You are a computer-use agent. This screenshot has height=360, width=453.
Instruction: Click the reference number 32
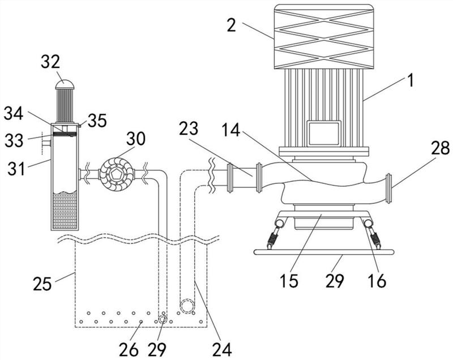coord(50,62)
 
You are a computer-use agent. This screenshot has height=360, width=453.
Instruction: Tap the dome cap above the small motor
coord(65,84)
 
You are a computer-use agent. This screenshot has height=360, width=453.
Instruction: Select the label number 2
coord(232,25)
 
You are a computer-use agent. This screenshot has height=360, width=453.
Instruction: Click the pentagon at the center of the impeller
coord(117,174)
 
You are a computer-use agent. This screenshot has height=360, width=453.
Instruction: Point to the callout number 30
coord(135,139)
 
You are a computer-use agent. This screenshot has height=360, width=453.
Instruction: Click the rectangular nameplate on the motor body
coord(324,134)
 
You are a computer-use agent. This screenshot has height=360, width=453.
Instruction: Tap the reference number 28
coord(441,148)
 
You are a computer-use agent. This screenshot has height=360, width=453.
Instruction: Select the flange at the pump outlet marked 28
coord(389,188)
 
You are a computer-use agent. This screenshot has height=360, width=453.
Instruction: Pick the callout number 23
coord(189,128)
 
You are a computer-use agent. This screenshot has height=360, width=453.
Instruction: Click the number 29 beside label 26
coord(157,350)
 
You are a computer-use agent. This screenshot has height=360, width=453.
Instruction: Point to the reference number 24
coord(222,350)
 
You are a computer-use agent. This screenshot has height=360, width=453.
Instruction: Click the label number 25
coord(42,283)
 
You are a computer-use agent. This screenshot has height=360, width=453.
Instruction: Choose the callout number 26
coord(129,350)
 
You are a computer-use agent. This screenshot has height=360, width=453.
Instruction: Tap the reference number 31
coord(16,169)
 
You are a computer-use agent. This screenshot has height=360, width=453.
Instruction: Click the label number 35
coord(97,121)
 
